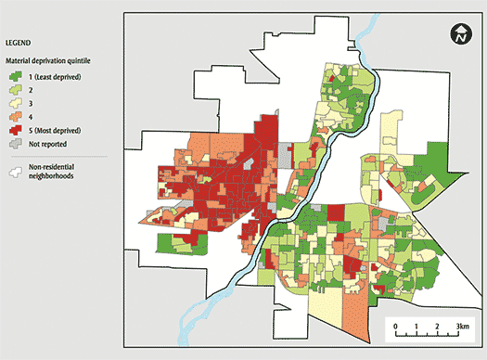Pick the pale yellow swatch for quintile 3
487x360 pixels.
pyautogui.click(x=16, y=105)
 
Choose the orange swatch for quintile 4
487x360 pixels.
pyautogui.click(x=16, y=119)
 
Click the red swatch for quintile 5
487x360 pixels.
pyautogui.click(x=16, y=133)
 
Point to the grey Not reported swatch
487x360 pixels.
pyautogui.click(x=16, y=146)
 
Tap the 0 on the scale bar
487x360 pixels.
pyautogui.click(x=395, y=325)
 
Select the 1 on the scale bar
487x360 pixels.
pyautogui.click(x=415, y=325)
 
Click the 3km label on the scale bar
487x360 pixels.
pyautogui.click(x=457, y=325)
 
